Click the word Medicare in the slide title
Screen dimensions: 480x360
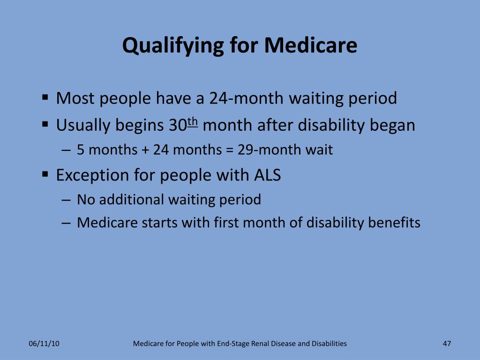310,45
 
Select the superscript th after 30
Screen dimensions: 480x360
193,122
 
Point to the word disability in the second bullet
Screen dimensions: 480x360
330,125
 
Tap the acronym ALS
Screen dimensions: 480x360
267,175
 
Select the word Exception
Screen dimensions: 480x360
93,175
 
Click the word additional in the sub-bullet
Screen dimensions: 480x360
132,199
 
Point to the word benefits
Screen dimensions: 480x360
394,222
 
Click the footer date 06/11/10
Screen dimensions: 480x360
44,344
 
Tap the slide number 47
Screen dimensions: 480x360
447,344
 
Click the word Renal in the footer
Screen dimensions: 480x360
260,344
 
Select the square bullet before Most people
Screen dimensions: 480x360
45,98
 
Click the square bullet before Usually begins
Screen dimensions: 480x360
45,125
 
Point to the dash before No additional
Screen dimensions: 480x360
66,200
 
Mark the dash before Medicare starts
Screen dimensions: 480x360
66,223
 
